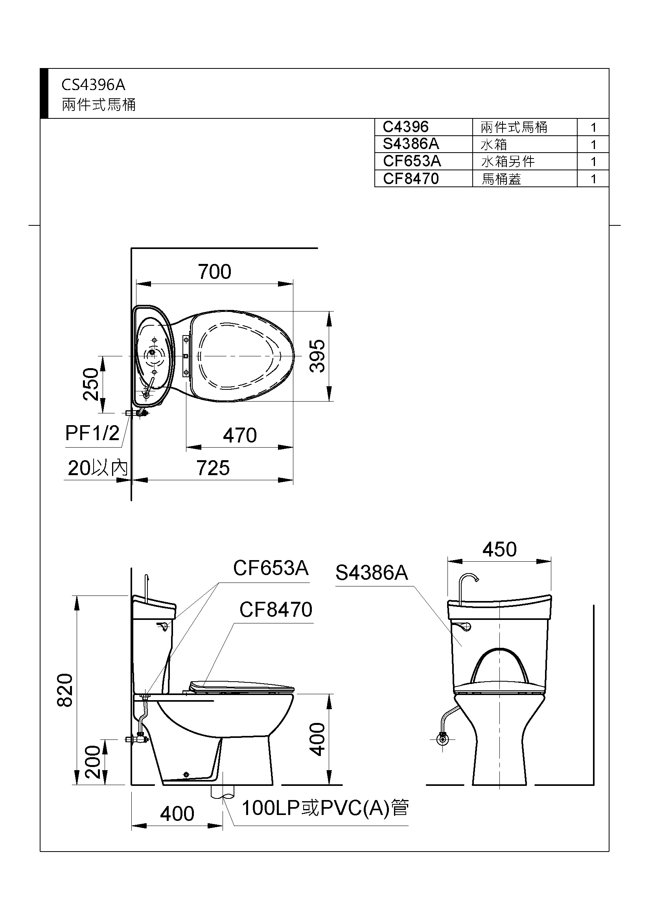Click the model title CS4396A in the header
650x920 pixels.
93,85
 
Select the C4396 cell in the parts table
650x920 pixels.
406,127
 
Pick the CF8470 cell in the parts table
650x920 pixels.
411,179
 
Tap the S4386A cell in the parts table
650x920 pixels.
411,144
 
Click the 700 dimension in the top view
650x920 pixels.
215,272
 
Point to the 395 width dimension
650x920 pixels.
318,356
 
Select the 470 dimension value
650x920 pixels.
240,435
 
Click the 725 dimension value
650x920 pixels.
213,468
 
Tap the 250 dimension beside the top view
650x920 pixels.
91,384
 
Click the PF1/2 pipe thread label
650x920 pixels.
92,433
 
